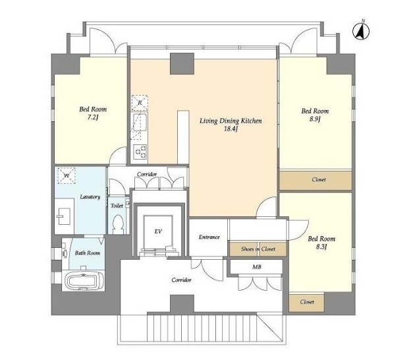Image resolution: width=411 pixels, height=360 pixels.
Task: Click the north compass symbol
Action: pyautogui.click(x=361, y=31)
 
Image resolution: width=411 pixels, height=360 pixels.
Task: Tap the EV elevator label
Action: pyautogui.click(x=158, y=231)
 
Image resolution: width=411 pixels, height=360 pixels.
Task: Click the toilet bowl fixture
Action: pyautogui.click(x=119, y=224)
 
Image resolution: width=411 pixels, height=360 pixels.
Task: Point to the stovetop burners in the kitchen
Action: pyautogui.click(x=140, y=152)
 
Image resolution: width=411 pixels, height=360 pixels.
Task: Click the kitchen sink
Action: pyautogui.click(x=140, y=122)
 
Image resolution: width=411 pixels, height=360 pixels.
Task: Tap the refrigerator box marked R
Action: pyautogui.click(x=140, y=103)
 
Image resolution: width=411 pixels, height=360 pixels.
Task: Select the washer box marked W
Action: pyautogui.click(x=67, y=175)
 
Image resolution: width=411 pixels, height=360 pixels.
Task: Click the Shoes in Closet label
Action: pyautogui.click(x=258, y=249)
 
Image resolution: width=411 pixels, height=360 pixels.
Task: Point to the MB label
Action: pyautogui.click(x=257, y=267)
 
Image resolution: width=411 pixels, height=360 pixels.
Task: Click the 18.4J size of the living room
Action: pyautogui.click(x=231, y=129)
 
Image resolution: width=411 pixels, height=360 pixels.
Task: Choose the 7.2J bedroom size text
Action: pyautogui.click(x=93, y=117)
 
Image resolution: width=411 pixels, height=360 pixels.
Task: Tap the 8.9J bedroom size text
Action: pyautogui.click(x=315, y=119)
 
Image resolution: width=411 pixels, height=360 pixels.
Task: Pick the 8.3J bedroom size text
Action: pyautogui.click(x=321, y=247)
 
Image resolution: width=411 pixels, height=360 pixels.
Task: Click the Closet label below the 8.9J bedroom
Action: pyautogui.click(x=319, y=180)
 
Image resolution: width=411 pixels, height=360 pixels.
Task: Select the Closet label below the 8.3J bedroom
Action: pyautogui.click(x=307, y=302)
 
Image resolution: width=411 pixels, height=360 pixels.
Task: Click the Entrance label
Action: pyautogui.click(x=209, y=237)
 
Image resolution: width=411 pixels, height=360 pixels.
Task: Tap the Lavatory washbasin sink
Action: pyautogui.click(x=64, y=216)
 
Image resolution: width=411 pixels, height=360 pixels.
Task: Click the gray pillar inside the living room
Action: pyautogui.click(x=182, y=63)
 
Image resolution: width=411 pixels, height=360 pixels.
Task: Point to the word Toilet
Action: pyautogui.click(x=117, y=206)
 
